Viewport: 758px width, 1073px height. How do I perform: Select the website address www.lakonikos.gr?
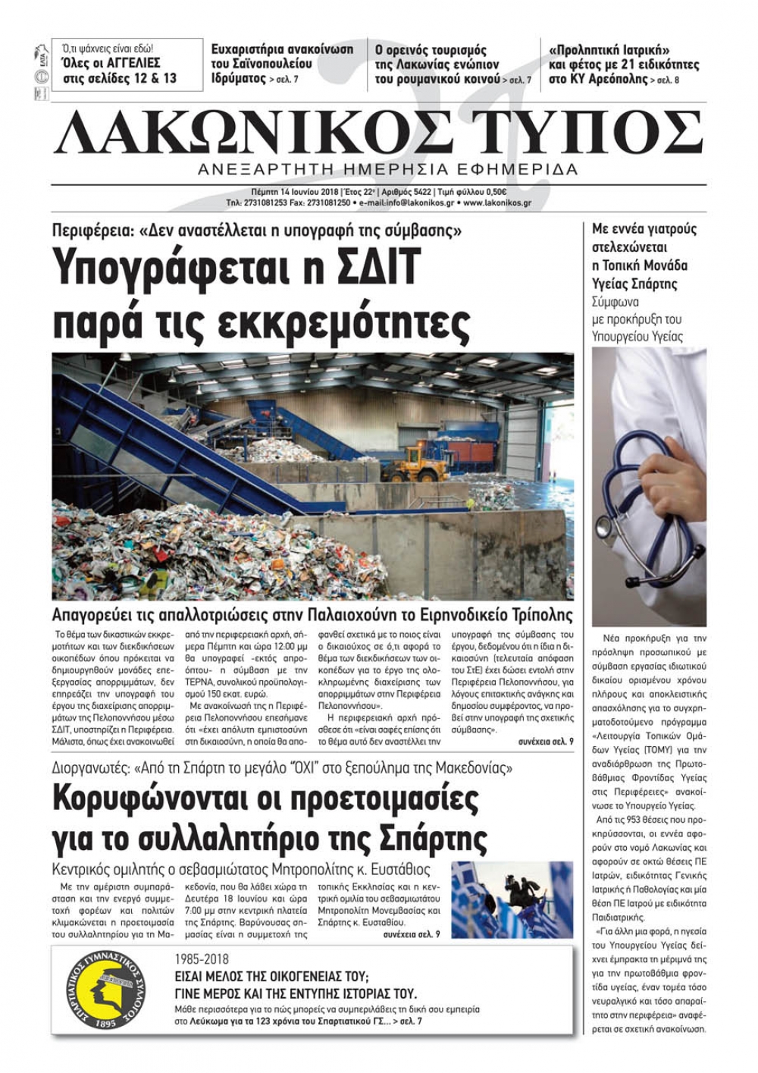click(497, 203)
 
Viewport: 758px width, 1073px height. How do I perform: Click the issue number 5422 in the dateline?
click(419, 193)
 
